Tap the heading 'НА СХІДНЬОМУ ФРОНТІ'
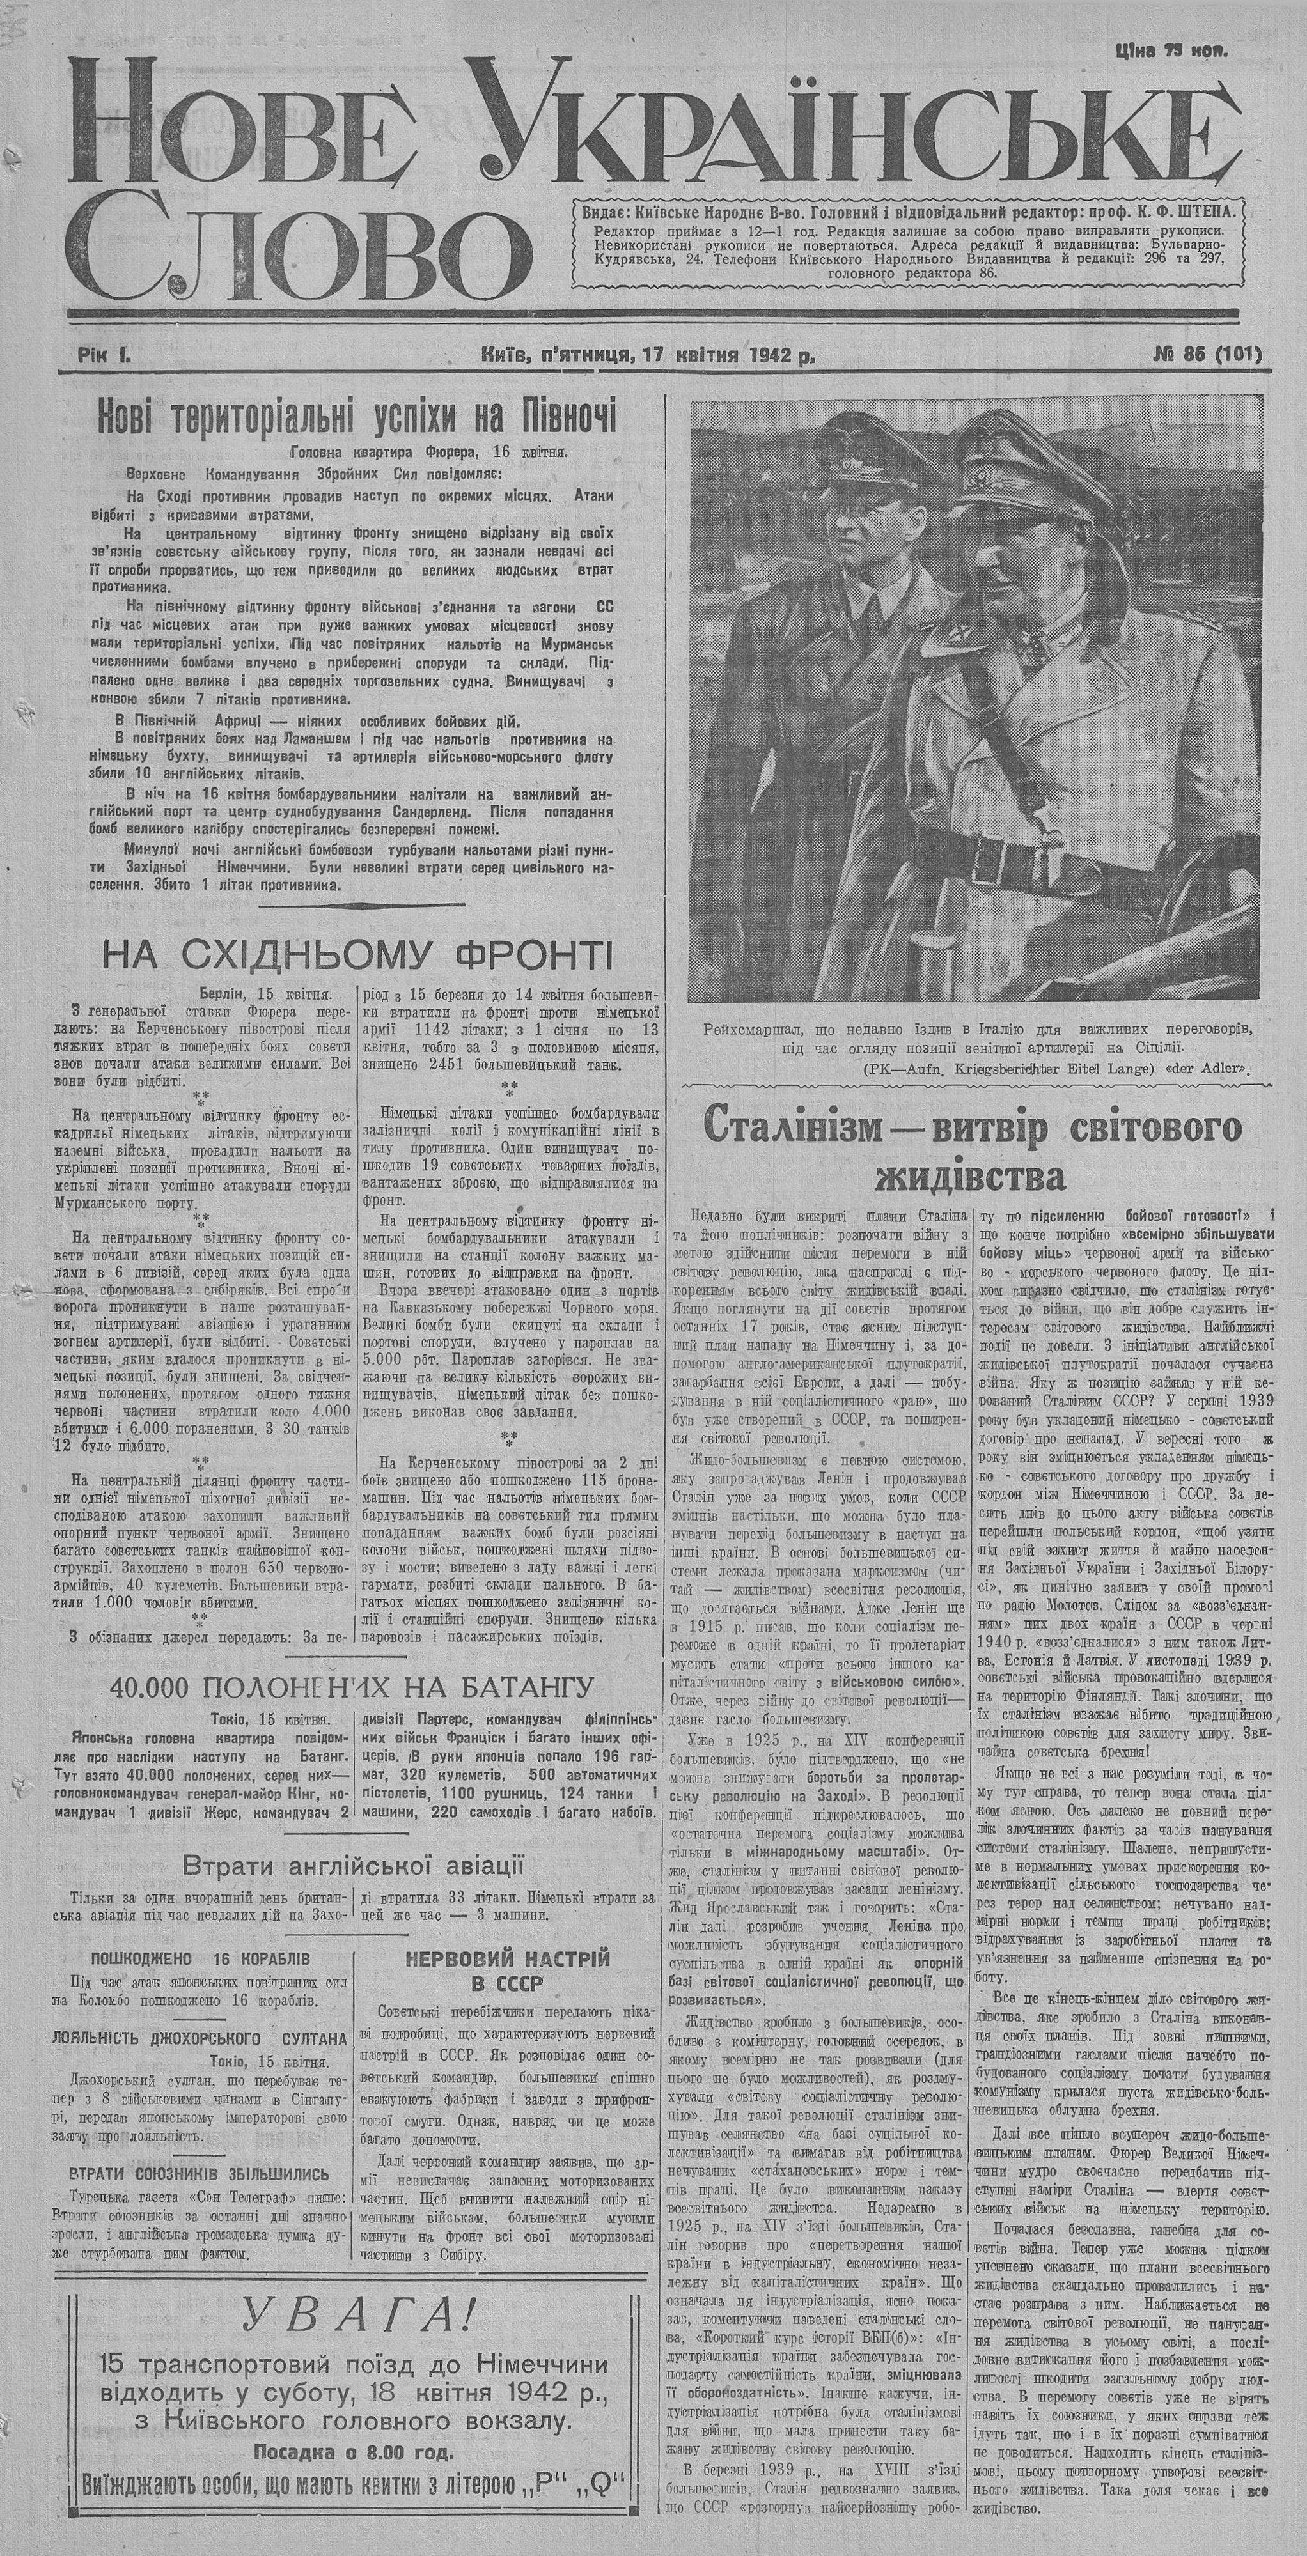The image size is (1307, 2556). [357, 956]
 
